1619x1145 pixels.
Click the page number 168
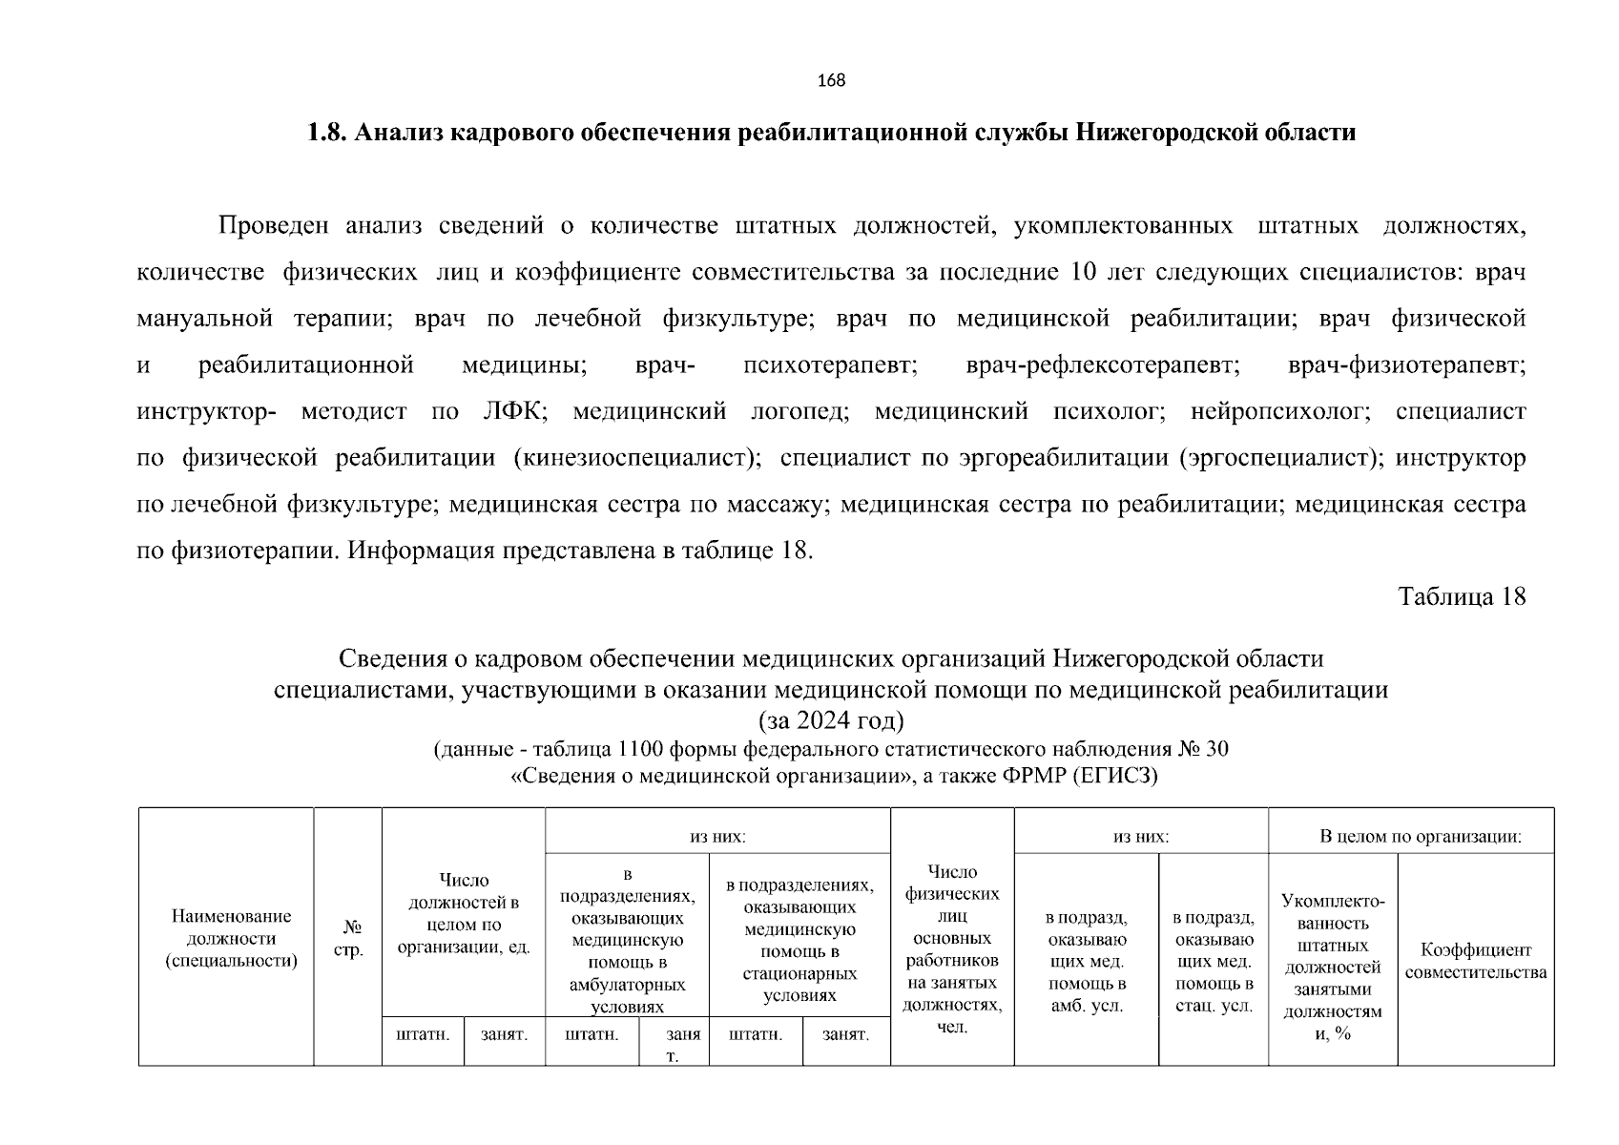pos(831,81)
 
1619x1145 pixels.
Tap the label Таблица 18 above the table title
pos(1462,597)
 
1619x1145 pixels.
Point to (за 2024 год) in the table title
pos(830,718)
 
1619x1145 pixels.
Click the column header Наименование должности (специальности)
pos(231,938)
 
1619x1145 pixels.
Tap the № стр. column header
pos(349,938)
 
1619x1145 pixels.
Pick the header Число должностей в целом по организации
pos(464,913)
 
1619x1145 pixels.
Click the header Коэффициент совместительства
pos(1475,961)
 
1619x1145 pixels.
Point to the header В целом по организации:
pos(1420,837)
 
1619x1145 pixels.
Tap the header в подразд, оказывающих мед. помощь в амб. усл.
pos(1086,962)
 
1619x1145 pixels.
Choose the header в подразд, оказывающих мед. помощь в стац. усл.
pos(1213,962)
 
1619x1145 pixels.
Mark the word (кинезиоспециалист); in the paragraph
pos(637,458)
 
